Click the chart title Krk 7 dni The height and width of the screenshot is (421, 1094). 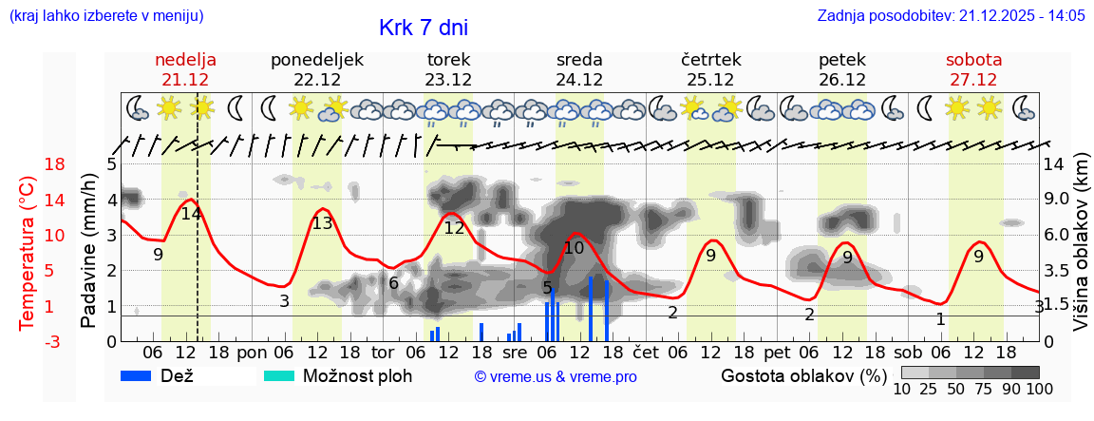(x=423, y=28)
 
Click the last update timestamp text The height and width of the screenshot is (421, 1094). (x=951, y=16)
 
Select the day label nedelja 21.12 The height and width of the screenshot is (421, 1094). (x=185, y=69)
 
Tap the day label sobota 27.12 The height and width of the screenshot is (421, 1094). (x=973, y=69)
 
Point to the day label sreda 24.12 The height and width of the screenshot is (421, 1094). (x=579, y=69)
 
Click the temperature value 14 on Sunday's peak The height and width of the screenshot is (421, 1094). (x=191, y=214)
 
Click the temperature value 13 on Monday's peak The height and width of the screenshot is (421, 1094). (x=322, y=223)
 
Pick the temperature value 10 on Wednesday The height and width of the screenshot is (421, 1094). (x=574, y=248)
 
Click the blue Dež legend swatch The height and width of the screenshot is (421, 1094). (x=143, y=375)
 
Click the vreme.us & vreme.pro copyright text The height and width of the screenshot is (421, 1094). (x=556, y=376)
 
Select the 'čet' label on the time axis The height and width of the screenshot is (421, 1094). (x=646, y=351)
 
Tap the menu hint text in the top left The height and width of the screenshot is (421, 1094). (x=105, y=16)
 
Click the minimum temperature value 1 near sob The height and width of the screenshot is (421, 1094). (x=940, y=319)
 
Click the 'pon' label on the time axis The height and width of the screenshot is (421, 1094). (x=252, y=351)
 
